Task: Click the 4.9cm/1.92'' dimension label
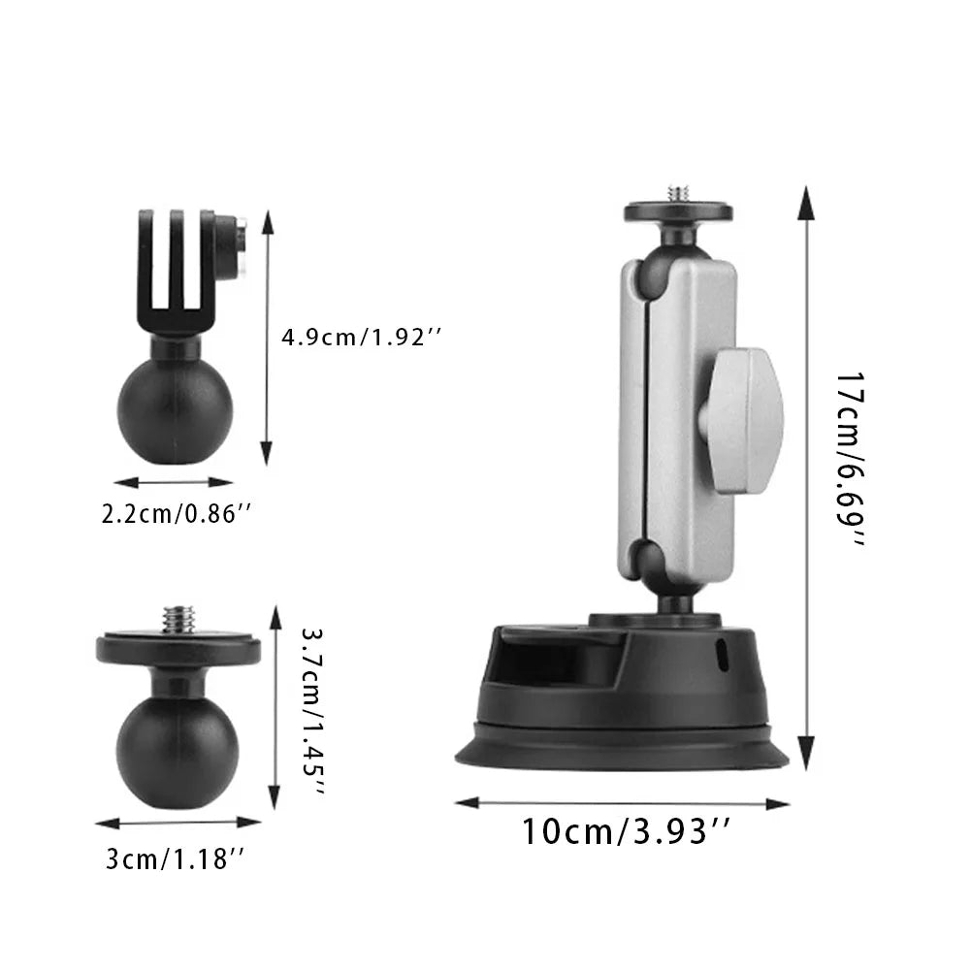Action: point(362,338)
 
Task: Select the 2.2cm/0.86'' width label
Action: point(170,514)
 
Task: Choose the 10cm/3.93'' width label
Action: point(626,831)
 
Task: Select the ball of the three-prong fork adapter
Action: point(162,407)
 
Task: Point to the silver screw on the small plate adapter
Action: point(179,618)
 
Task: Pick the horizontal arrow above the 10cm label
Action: point(622,802)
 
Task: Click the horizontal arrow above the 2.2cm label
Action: point(174,481)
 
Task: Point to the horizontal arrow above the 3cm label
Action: point(178,823)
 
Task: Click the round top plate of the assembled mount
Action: point(670,211)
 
